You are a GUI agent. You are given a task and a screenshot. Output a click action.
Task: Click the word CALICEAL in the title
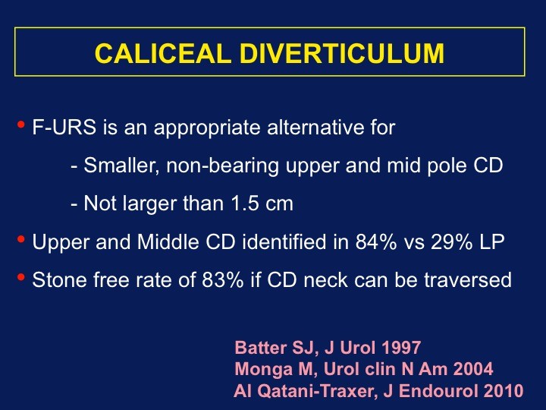163,54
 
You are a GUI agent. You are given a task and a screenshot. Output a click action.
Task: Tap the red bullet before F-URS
21,124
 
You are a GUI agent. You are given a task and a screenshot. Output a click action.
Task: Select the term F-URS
64,127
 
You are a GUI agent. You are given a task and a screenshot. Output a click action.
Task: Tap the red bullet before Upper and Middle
21,239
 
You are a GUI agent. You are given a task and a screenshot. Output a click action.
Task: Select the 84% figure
376,241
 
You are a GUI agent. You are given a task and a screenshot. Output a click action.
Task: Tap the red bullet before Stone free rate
21,277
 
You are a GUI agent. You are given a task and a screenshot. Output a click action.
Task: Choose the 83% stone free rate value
222,279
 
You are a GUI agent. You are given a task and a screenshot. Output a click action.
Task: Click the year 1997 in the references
401,347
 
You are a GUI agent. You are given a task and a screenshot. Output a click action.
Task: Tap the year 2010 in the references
503,390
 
